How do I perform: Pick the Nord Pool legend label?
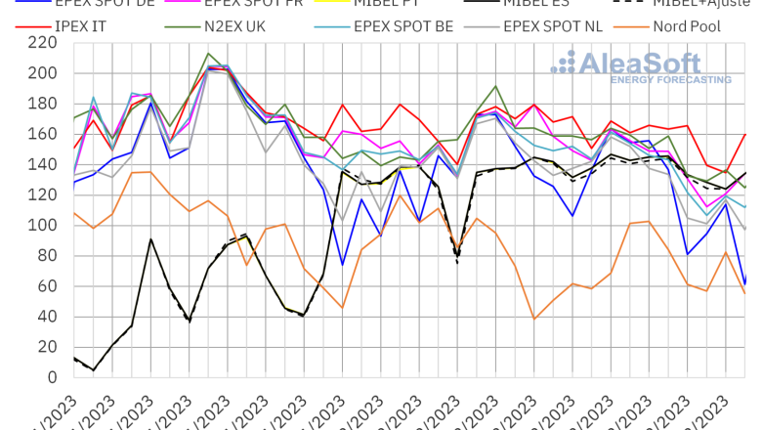click(x=687, y=26)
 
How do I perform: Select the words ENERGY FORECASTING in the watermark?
click(x=670, y=79)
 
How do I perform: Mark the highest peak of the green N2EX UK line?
click(x=208, y=54)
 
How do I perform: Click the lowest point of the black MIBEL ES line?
click(x=94, y=370)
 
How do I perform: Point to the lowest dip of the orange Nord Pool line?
click(x=534, y=319)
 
